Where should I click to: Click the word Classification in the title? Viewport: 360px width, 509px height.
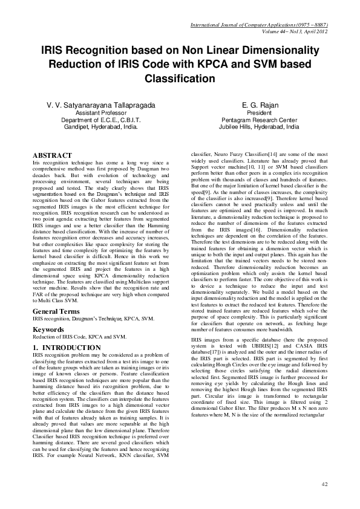click(x=180, y=79)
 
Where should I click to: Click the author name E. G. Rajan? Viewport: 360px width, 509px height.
click(x=259, y=105)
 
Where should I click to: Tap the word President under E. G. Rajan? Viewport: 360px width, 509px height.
click(x=259, y=112)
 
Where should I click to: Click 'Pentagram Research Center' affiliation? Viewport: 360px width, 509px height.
click(x=259, y=120)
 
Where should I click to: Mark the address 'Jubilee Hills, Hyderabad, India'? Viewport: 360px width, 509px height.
click(x=259, y=128)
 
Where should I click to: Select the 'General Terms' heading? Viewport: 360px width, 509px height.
click(x=56, y=311)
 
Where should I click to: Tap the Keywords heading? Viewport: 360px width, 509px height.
click(x=49, y=329)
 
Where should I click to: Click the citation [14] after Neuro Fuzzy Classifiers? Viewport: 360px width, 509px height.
click(x=273, y=156)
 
